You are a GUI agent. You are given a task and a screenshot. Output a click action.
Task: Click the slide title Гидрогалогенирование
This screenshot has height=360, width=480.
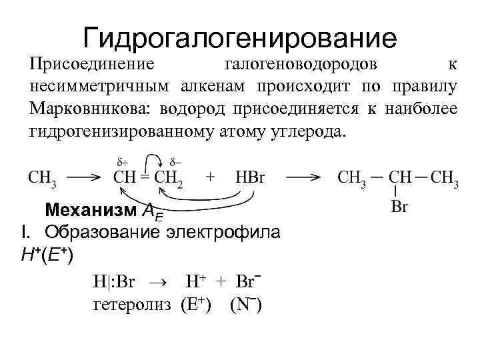click(x=240, y=38)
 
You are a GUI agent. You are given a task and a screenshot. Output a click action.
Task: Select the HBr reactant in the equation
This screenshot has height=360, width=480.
click(x=251, y=179)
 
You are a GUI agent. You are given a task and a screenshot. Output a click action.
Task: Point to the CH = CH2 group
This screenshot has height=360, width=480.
click(x=148, y=179)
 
